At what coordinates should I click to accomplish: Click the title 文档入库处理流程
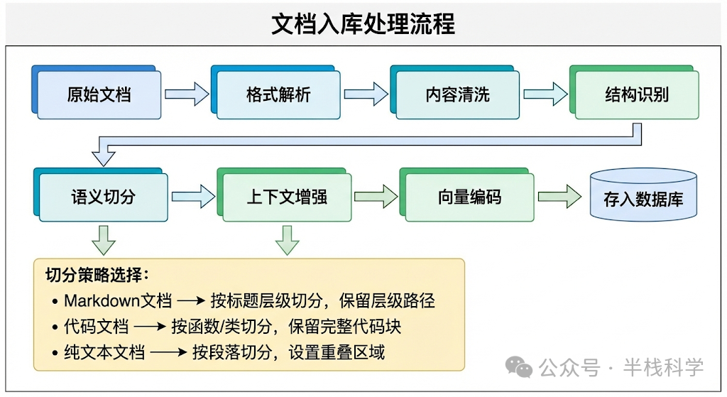[363, 24]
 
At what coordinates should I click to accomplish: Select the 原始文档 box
[99, 94]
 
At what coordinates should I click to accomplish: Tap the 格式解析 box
[278, 94]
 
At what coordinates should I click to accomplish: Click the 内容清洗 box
[457, 94]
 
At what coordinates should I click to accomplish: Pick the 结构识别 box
[637, 94]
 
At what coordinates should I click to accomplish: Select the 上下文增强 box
[287, 197]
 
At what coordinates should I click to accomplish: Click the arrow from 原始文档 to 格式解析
[186, 94]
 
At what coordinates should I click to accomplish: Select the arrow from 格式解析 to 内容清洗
[366, 94]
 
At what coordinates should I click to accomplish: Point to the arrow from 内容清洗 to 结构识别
[545, 94]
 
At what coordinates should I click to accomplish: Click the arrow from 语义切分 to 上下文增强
[192, 196]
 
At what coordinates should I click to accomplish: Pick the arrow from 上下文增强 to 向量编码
[376, 196]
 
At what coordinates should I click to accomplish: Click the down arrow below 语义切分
[104, 240]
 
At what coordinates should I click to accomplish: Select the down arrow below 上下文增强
[288, 240]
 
